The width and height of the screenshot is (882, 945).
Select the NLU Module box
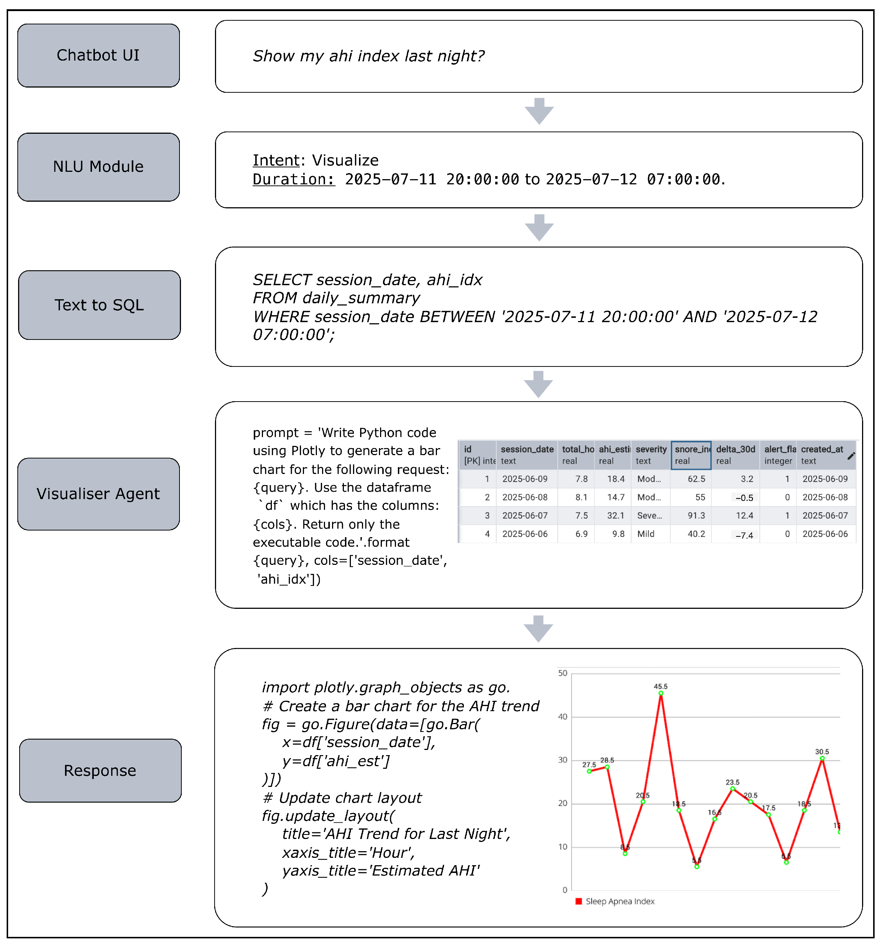click(x=98, y=167)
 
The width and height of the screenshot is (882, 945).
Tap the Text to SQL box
click(x=99, y=305)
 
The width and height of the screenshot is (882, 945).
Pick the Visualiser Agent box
click(x=98, y=494)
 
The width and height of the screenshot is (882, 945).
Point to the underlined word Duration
click(x=293, y=180)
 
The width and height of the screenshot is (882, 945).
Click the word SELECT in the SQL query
click(x=282, y=280)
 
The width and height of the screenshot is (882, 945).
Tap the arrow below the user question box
click(x=539, y=111)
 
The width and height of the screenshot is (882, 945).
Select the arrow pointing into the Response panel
click(x=538, y=628)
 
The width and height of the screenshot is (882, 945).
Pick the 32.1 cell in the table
click(x=615, y=516)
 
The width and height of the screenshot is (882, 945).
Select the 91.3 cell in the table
click(x=696, y=516)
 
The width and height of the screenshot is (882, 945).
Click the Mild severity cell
click(x=646, y=534)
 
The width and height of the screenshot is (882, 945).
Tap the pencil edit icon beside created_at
click(x=851, y=456)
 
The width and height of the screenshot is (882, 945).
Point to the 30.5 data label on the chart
click(x=822, y=751)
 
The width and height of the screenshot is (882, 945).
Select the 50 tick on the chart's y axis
click(x=563, y=673)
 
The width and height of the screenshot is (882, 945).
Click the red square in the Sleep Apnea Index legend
click(x=579, y=901)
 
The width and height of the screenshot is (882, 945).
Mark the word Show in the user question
click(x=273, y=56)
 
